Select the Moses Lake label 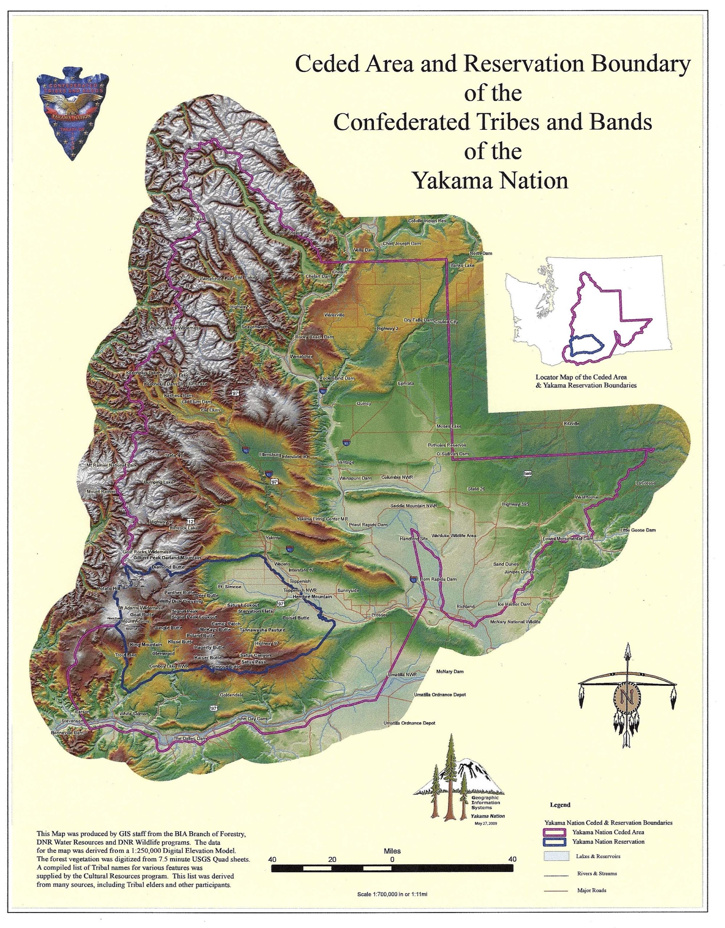(x=449, y=426)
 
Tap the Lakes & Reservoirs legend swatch (x=556, y=868)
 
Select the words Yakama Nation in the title (x=491, y=180)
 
